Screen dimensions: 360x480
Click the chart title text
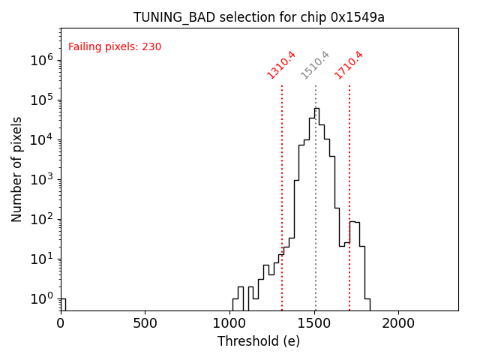tap(259, 17)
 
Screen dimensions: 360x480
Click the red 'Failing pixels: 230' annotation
tap(115, 47)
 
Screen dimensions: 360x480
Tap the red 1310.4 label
tap(282, 64)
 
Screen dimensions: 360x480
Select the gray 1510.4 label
tap(316, 64)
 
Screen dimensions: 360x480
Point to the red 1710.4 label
tap(349, 64)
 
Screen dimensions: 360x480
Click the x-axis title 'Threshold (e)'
tap(259, 341)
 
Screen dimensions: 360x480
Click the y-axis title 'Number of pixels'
tap(17, 169)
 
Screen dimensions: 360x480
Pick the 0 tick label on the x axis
tap(61, 323)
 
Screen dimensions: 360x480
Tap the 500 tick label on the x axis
tap(145, 323)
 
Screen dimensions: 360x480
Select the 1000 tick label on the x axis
tap(229, 323)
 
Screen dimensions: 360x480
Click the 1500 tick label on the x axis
tap(313, 323)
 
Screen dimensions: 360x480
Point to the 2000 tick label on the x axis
tap(397, 323)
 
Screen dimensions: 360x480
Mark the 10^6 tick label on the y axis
tap(42, 60)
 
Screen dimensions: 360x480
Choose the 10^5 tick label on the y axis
tap(42, 100)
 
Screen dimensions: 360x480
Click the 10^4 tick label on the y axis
tap(42, 139)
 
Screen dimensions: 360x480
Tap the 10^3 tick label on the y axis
tap(42, 179)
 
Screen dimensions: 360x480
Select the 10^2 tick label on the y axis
tap(42, 219)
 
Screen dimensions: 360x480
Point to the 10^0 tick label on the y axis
tap(42, 298)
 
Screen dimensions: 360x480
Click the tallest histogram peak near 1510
tap(316, 109)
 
